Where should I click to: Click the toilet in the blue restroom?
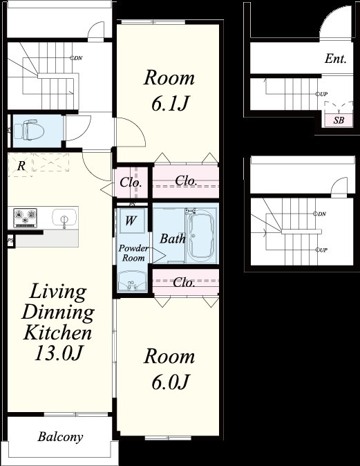click(29, 130)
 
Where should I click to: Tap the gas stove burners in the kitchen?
click(26, 218)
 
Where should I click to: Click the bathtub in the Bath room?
click(202, 235)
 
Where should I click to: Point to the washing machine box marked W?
click(131, 221)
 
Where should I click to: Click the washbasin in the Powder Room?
click(132, 281)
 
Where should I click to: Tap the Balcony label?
click(60, 437)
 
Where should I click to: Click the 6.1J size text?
click(170, 104)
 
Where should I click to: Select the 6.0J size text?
click(170, 382)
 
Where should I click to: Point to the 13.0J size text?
click(58, 353)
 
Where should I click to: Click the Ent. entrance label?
click(336, 59)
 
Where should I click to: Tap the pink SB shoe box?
click(339, 120)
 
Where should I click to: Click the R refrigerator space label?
click(21, 166)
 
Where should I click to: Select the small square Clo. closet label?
click(131, 183)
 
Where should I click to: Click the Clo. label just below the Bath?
click(184, 282)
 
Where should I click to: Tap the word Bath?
click(173, 239)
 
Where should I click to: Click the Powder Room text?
click(133, 253)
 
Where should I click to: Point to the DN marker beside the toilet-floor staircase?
click(76, 58)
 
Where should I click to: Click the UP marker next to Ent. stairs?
click(322, 94)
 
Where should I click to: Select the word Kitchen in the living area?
click(58, 333)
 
